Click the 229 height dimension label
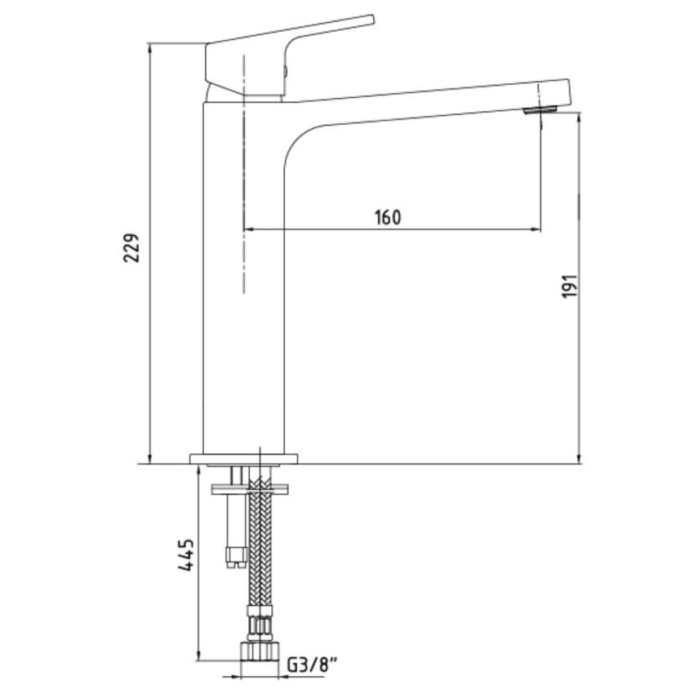point(131,247)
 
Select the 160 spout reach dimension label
point(388,217)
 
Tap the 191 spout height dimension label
point(569,286)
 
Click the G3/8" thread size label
point(311,665)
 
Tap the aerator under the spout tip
point(540,110)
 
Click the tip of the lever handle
point(372,19)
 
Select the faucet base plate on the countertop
point(244,459)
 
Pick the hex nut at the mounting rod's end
point(235,558)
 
